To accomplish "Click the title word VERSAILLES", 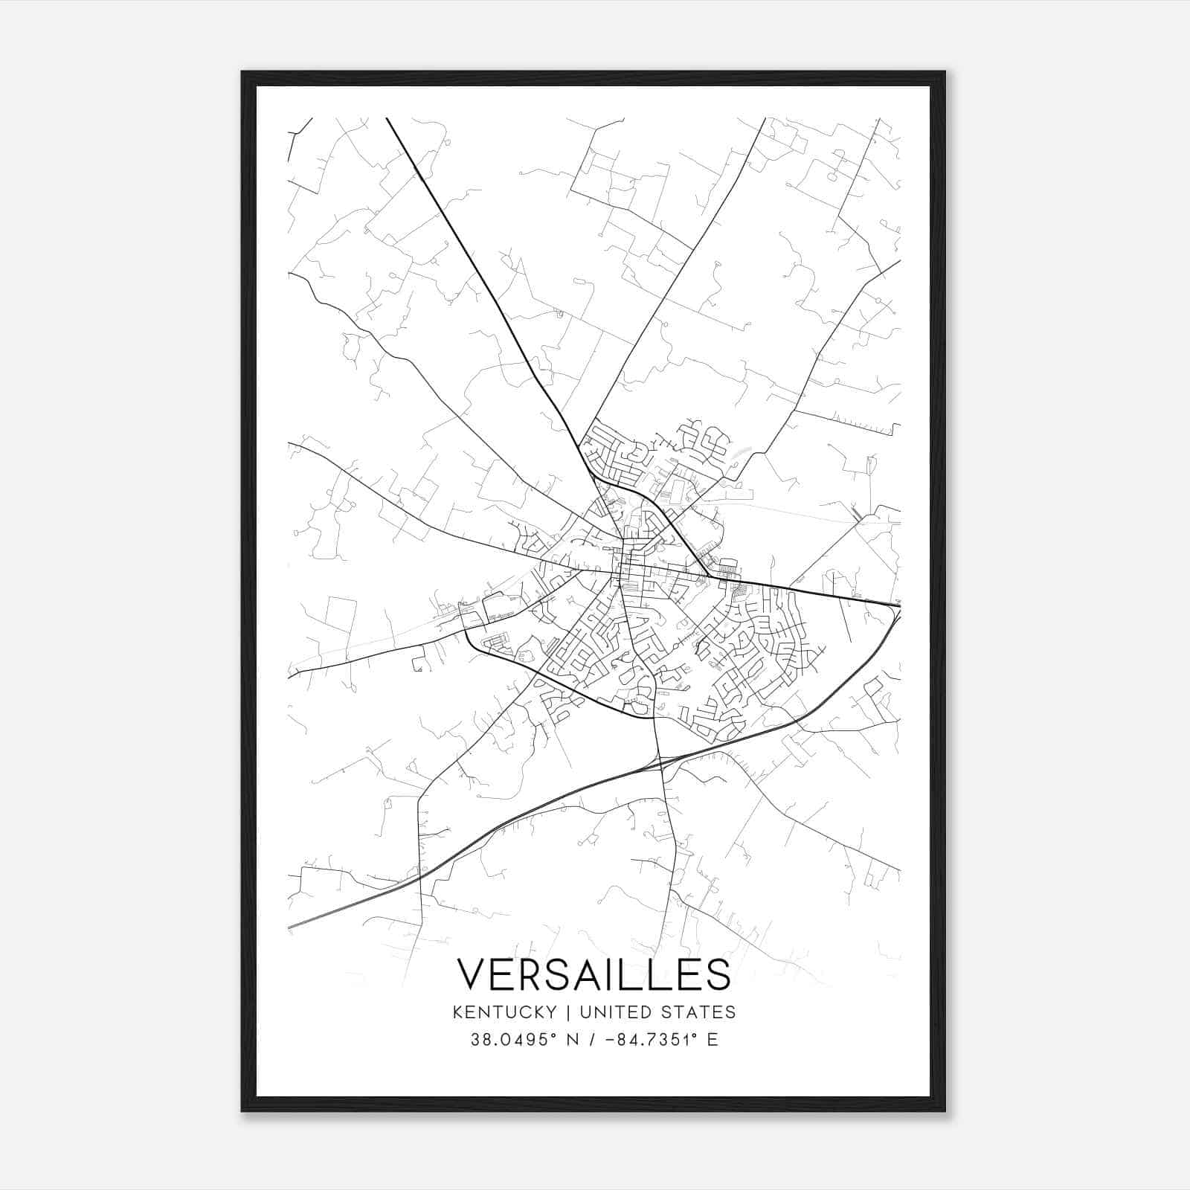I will coord(594,974).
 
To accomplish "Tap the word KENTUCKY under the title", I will coord(504,1012).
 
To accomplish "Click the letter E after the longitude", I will coord(713,1040).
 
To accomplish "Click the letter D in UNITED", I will coord(646,1012).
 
